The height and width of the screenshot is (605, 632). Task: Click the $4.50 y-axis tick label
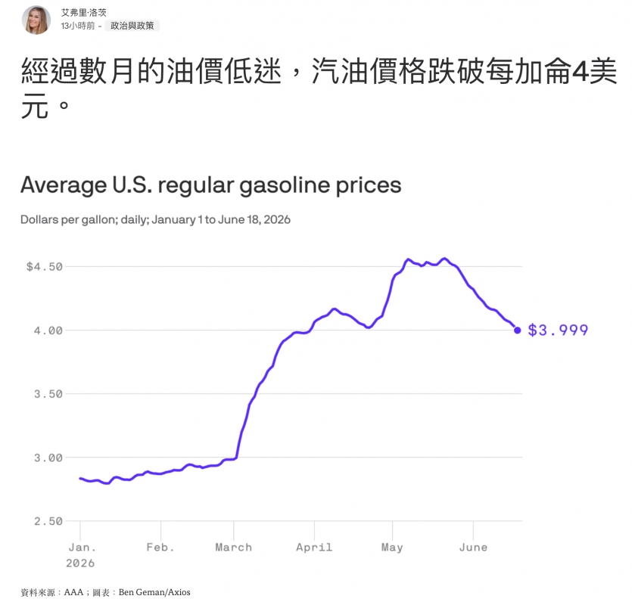[x=45, y=267]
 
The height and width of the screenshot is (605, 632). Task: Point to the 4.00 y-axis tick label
[x=48, y=330]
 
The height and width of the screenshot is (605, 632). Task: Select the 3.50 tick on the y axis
[x=48, y=394]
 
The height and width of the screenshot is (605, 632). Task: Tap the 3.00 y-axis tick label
[x=48, y=458]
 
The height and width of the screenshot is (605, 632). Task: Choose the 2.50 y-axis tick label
[x=48, y=522]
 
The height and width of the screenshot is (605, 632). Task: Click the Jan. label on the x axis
[x=83, y=548]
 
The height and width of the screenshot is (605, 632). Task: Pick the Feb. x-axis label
[x=160, y=548]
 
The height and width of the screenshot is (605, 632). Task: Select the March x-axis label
[x=234, y=548]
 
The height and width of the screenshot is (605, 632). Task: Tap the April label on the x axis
[x=314, y=548]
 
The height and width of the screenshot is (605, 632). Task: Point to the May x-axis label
[x=392, y=548]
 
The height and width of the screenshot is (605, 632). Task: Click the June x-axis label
[x=473, y=548]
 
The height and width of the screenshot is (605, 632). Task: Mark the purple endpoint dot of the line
[x=518, y=330]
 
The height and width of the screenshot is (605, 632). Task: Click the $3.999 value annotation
[x=559, y=330]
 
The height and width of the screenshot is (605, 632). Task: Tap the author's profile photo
[x=36, y=20]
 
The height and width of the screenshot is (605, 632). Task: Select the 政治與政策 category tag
[x=132, y=26]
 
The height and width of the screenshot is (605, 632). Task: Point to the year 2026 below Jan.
[x=80, y=563]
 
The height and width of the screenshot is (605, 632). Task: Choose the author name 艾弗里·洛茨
[x=84, y=13]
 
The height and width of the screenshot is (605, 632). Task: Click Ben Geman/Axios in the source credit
[x=154, y=592]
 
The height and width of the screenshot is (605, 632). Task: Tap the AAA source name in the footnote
[x=73, y=592]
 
